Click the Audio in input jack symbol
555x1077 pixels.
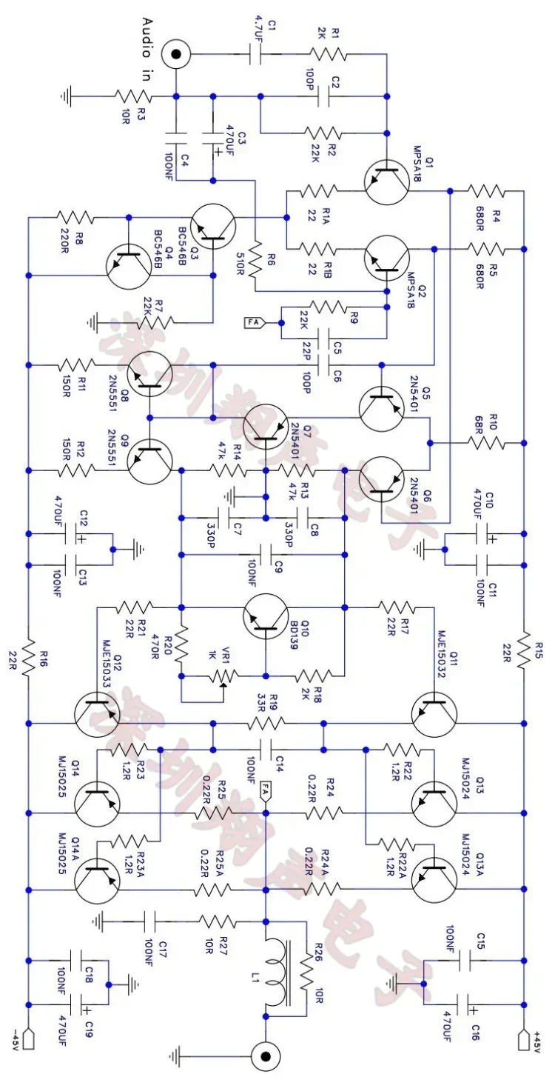coord(176,54)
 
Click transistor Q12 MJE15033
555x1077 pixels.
coord(97,711)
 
